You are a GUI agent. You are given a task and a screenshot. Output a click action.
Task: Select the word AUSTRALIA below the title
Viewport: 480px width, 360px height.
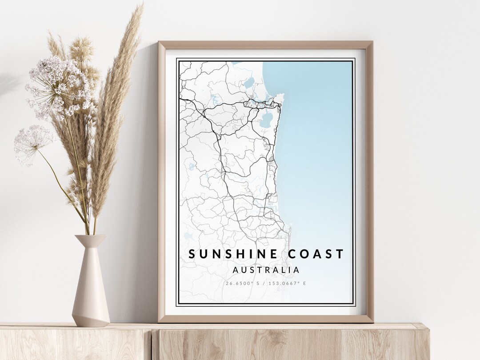pyautogui.click(x=266, y=270)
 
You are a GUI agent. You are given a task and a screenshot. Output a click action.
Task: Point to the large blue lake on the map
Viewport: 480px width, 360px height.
pyautogui.click(x=267, y=119)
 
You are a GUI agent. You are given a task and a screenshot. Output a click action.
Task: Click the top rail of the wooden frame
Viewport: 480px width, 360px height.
pyautogui.click(x=265, y=44)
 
